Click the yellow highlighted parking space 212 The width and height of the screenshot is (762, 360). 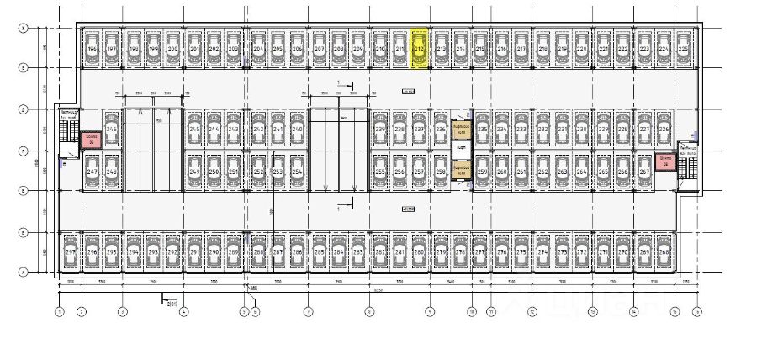[x=419, y=50]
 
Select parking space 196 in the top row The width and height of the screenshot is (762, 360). [x=92, y=50]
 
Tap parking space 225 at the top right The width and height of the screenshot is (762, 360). [x=683, y=50]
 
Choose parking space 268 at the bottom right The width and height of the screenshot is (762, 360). [x=664, y=251]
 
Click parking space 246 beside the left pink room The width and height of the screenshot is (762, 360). [x=111, y=130]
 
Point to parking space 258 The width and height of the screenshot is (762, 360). [x=440, y=172]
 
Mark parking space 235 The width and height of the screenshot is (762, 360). [x=482, y=130]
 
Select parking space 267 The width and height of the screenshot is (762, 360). [x=645, y=172]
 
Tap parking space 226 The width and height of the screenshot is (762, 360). [x=666, y=130]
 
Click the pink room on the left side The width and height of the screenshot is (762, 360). [x=89, y=140]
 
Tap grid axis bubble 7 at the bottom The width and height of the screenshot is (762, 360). [x=309, y=312]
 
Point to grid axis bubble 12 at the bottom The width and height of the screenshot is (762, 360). [x=532, y=312]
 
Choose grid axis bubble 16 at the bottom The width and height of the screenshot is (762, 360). [x=697, y=312]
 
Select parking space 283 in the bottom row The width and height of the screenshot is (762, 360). [x=358, y=251]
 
